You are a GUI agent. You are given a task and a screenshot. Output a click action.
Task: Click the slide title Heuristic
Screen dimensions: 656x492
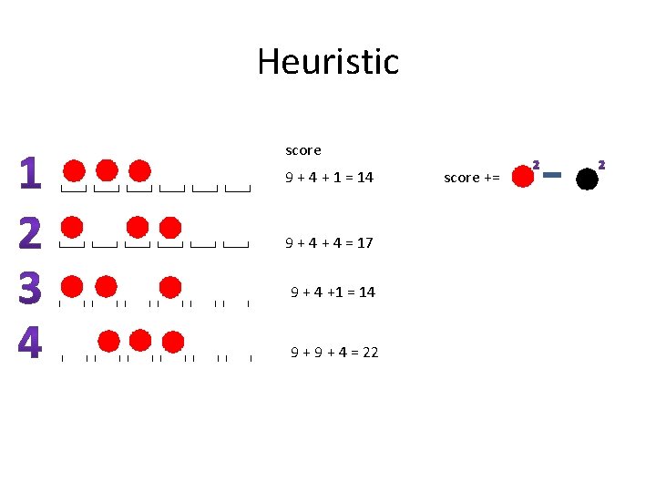(328, 62)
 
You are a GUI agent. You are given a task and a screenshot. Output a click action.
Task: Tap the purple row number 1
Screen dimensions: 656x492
(30, 174)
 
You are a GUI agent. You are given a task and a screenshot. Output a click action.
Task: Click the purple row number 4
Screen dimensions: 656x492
(30, 343)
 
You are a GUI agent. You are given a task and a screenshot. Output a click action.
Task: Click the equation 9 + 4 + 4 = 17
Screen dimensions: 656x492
(329, 243)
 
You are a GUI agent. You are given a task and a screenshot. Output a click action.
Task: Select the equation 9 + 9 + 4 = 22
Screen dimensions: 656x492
(334, 352)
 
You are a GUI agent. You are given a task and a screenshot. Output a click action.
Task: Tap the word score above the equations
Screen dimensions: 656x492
(303, 150)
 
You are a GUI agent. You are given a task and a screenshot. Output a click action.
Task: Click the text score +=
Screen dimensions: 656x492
(471, 178)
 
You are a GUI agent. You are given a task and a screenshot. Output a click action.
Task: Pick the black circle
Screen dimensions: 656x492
(588, 179)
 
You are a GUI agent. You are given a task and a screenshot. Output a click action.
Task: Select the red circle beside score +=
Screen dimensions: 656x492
(522, 177)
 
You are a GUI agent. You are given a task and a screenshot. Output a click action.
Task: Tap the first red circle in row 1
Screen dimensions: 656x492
(75, 171)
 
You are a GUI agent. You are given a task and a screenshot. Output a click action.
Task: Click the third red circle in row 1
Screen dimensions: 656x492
(139, 171)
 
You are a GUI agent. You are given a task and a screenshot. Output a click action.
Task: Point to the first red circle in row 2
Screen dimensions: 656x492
(73, 227)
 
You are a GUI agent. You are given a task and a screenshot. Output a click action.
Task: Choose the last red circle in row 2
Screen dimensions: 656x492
(170, 227)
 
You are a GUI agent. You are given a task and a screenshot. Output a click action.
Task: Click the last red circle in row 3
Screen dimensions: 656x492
(170, 286)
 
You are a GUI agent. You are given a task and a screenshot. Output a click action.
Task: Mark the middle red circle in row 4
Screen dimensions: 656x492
(140, 342)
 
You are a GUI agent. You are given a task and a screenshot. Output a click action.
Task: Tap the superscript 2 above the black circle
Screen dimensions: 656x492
(601, 165)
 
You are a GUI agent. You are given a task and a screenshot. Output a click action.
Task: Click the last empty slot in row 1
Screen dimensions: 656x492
(238, 190)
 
